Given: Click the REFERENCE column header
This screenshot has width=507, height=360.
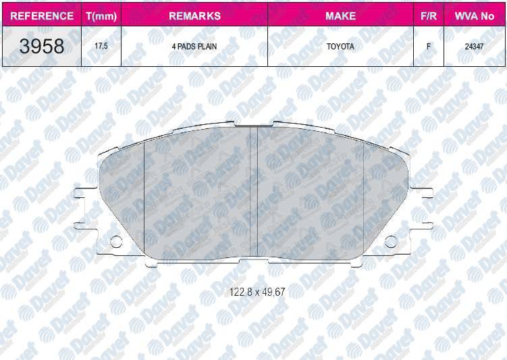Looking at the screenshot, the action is pyautogui.click(x=42, y=16).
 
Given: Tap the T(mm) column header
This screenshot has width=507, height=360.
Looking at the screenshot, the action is pyautogui.click(x=101, y=16).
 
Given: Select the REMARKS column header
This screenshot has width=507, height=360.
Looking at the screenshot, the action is pyautogui.click(x=194, y=16).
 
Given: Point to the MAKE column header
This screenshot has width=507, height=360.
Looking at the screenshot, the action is pyautogui.click(x=340, y=16).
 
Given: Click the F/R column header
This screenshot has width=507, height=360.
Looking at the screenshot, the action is pyautogui.click(x=429, y=16).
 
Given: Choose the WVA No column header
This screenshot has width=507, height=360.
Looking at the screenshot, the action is pyautogui.click(x=475, y=16).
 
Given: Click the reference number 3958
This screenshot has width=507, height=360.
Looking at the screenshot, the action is pyautogui.click(x=42, y=46).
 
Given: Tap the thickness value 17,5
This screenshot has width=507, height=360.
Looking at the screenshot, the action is pyautogui.click(x=101, y=46).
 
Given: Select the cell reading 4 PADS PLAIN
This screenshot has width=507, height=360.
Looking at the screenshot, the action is pyautogui.click(x=194, y=47).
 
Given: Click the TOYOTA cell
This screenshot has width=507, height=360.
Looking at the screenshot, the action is pyautogui.click(x=340, y=47).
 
